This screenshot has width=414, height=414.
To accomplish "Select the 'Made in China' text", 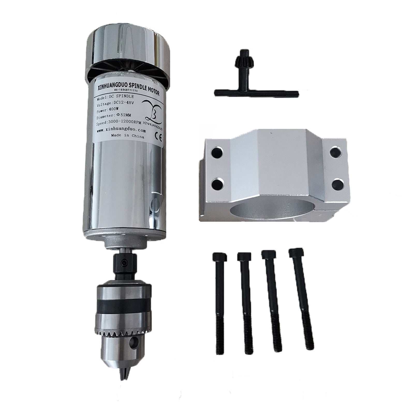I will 128,136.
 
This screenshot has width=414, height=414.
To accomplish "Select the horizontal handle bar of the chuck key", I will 256,92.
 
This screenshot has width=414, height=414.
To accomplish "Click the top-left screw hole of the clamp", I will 217,151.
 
